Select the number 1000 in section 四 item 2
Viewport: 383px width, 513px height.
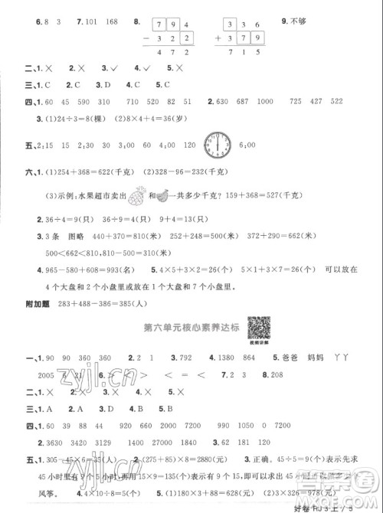266,103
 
